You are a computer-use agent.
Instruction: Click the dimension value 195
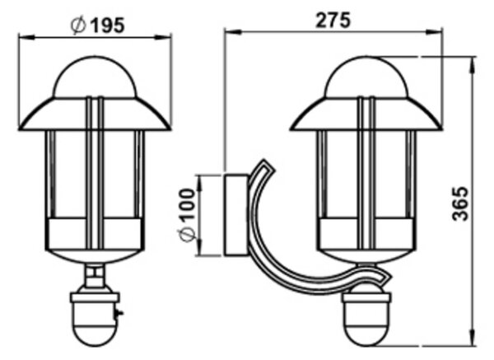point(107,25)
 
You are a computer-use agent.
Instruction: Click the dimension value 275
point(333,20)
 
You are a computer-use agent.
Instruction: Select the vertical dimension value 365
point(460,204)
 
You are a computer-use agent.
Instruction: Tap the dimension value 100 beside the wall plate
point(187,204)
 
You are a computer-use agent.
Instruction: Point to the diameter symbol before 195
point(78,26)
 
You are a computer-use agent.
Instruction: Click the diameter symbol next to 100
point(187,234)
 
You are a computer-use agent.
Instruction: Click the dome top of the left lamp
point(95,77)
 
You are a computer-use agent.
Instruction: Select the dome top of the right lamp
point(366,77)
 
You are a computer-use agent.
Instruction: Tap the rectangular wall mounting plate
point(236,214)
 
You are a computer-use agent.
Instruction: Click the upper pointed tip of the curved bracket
point(264,161)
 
